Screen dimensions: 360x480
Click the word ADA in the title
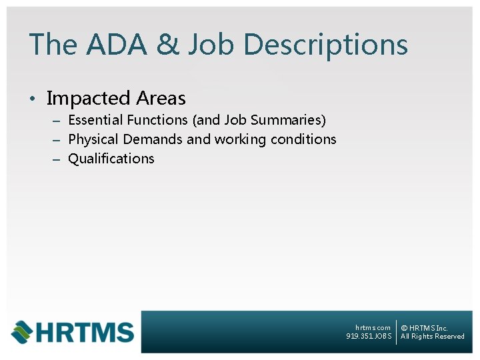coord(109,45)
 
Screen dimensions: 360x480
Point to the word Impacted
coord(88,99)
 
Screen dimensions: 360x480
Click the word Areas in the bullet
coord(161,99)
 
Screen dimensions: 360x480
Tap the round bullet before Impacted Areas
coord(31,100)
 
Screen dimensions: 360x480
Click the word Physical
coord(91,139)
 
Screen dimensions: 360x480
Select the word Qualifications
coord(111,159)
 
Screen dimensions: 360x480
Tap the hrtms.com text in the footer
coord(373,328)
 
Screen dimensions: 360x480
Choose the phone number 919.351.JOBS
coord(369,337)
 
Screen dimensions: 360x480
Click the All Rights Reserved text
coord(433,337)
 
